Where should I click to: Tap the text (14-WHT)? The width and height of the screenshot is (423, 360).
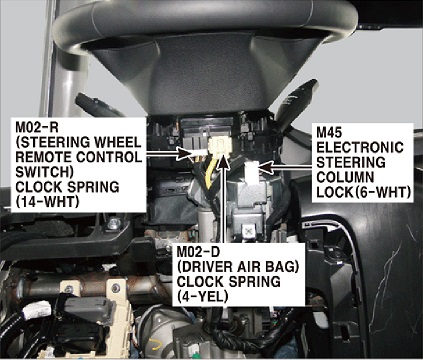pyautogui.click(x=47, y=202)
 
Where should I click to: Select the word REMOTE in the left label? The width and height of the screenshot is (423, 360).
pyautogui.click(x=42, y=157)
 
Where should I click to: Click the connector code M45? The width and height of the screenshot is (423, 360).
pyautogui.click(x=329, y=133)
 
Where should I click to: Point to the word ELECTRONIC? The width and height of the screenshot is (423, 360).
pyautogui.click(x=360, y=147)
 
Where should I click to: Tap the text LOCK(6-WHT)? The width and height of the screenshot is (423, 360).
pyautogui.click(x=363, y=192)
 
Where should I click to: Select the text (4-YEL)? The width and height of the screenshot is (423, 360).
pyautogui.click(x=203, y=296)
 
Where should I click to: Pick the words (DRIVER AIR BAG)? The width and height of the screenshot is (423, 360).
pyautogui.click(x=237, y=267)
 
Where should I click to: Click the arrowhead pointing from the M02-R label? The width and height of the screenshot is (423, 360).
pyautogui.click(x=184, y=153)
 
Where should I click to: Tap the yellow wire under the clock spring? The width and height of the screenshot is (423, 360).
pyautogui.click(x=210, y=173)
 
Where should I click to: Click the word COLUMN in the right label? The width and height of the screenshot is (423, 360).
pyautogui.click(x=345, y=177)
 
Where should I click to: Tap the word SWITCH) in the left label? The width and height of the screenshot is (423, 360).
pyautogui.click(x=44, y=172)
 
